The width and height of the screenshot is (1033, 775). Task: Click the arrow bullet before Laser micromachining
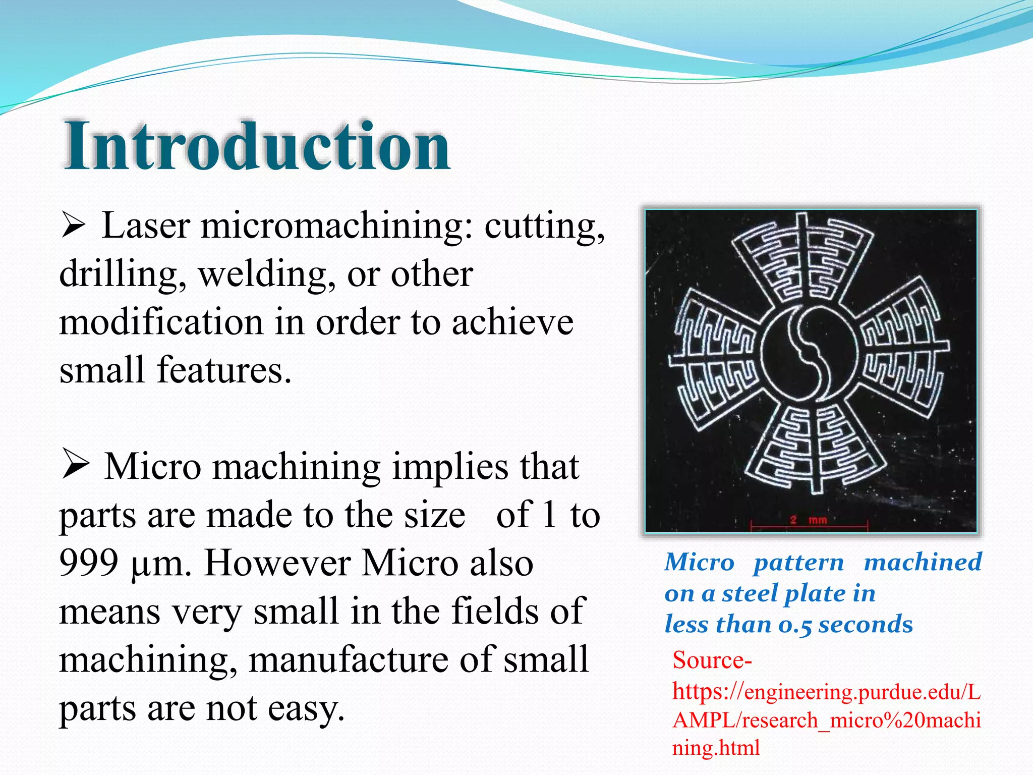tap(74, 226)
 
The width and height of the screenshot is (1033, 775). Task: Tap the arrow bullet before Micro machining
tap(76, 466)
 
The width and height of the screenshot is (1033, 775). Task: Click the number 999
tap(89, 563)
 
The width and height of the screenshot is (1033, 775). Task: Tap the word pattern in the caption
tap(798, 563)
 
